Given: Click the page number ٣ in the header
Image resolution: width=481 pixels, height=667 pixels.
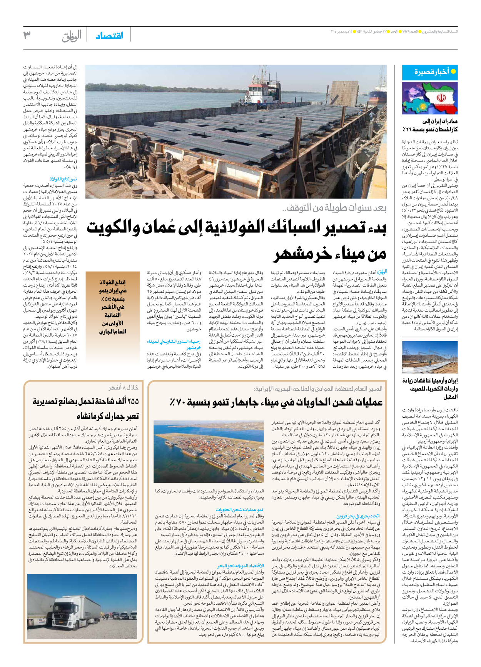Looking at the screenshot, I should pyautogui.click(x=27, y=35).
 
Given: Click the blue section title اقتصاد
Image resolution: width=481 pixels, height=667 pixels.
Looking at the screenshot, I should pyautogui.click(x=110, y=36).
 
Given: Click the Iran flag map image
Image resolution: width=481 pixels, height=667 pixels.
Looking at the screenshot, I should pyautogui.click(x=430, y=98).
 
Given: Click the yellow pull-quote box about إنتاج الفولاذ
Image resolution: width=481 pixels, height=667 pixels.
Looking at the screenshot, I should pyautogui.click(x=112, y=307).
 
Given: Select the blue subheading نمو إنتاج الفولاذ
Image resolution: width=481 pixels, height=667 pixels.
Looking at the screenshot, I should pyautogui.click(x=63, y=179).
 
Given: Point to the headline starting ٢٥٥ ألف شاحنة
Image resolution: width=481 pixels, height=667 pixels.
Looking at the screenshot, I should pyautogui.click(x=86, y=401).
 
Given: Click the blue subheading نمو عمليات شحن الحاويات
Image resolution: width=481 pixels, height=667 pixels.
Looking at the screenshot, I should pyautogui.click(x=239, y=509).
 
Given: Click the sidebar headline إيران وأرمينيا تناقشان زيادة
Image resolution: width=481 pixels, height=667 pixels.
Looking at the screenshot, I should pyautogui.click(x=430, y=380).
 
